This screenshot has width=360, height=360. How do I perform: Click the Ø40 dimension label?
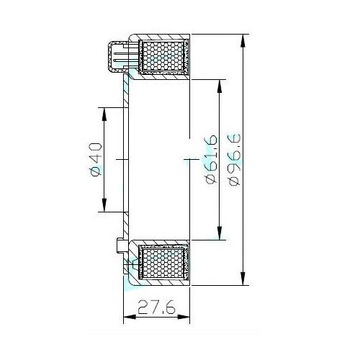pyautogui.click(x=95, y=159)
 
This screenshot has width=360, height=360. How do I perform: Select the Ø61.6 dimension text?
pyautogui.click(x=212, y=159)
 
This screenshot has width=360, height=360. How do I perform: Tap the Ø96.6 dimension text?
pyautogui.click(x=234, y=160)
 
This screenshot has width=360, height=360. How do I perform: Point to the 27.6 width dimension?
pyautogui.click(x=156, y=307)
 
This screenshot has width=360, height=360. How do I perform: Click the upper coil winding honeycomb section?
pyautogui.click(x=163, y=56)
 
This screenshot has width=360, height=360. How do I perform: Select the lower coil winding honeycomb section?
pyautogui.click(x=163, y=263)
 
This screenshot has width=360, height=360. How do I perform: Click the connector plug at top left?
pyautogui.click(x=118, y=57)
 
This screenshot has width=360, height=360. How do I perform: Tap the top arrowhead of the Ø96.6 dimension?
pyautogui.click(x=244, y=41)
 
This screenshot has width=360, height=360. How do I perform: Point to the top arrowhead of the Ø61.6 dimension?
pyautogui.click(x=219, y=86)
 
